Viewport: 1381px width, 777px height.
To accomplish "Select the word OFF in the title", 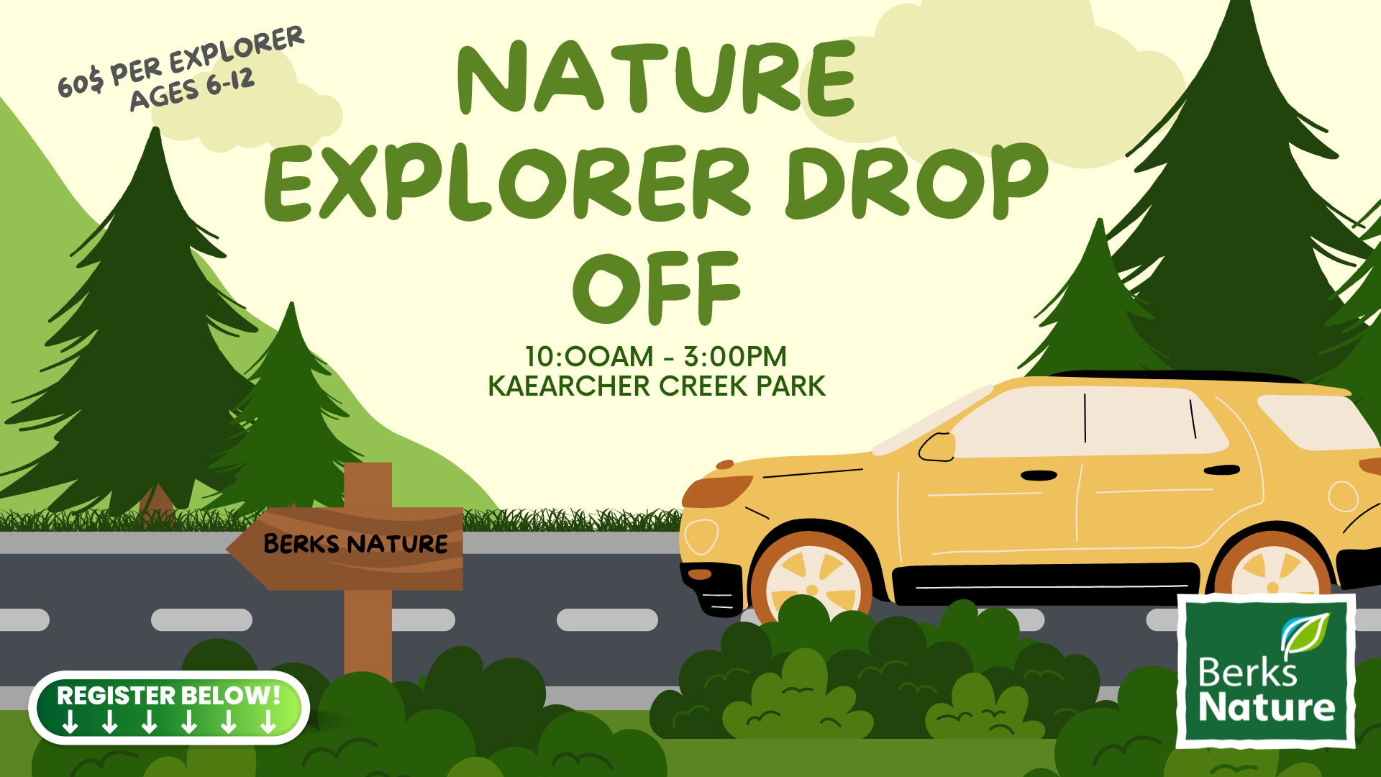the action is tap(657, 287).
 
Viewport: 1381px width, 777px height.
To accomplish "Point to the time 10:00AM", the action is tap(589, 357).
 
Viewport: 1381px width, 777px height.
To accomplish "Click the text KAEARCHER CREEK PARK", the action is tap(657, 386).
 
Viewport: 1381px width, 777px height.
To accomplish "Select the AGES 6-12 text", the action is tap(193, 91).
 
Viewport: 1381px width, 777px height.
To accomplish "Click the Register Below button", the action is tap(169, 708).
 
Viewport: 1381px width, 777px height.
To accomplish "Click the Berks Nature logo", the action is tap(1266, 671).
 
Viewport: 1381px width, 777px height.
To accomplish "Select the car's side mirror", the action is tap(937, 447).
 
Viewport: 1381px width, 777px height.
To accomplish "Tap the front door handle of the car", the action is tap(1039, 476).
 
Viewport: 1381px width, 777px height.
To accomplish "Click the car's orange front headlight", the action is tap(716, 491).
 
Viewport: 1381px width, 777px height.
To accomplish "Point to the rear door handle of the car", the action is tap(1222, 471).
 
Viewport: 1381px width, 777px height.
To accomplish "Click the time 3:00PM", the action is tap(734, 357).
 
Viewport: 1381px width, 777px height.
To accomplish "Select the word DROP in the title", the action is tap(918, 183).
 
